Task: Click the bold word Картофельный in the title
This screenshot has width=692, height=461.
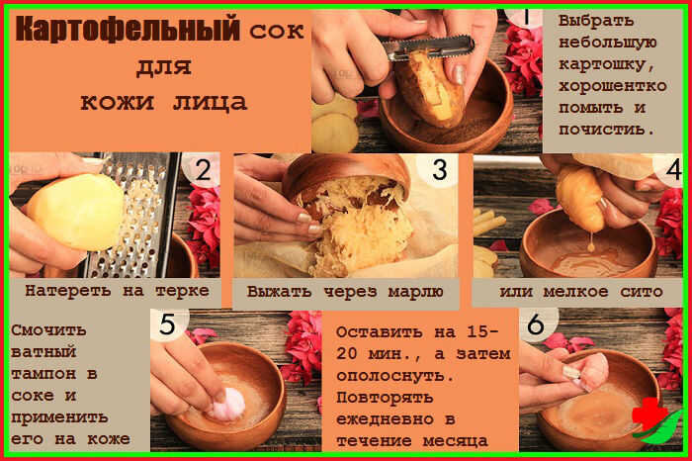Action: click(x=128, y=29)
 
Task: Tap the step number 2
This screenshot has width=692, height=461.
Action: click(x=203, y=170)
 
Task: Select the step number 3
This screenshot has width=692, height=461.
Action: click(x=440, y=170)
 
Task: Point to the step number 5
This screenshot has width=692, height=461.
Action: click(x=167, y=325)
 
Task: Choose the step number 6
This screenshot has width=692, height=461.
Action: click(x=536, y=325)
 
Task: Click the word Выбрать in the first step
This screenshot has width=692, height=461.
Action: click(x=596, y=21)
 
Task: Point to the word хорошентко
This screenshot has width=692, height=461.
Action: click(x=613, y=86)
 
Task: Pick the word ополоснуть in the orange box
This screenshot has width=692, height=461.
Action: click(x=395, y=376)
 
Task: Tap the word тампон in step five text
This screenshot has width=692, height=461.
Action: click(x=43, y=374)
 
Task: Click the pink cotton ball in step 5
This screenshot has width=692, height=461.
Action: click(x=228, y=404)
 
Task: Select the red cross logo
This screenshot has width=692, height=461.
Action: click(x=649, y=415)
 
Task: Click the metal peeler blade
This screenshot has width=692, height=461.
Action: click(x=428, y=47)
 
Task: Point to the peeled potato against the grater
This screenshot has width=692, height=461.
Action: click(x=76, y=212)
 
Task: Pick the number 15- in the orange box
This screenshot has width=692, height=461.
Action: click(x=482, y=331)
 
